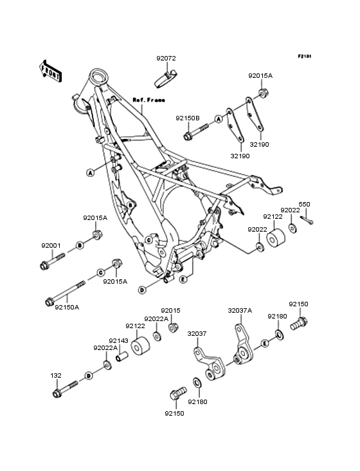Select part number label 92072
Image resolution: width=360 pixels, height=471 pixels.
tap(166, 59)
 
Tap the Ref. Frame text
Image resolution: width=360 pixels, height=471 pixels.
tap(148, 100)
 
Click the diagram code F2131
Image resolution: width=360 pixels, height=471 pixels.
tap(305, 56)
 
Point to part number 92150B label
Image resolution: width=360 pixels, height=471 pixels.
tap(188, 118)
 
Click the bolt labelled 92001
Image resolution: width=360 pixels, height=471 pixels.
tap(53, 261)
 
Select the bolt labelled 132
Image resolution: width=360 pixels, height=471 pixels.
tap(65, 389)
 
